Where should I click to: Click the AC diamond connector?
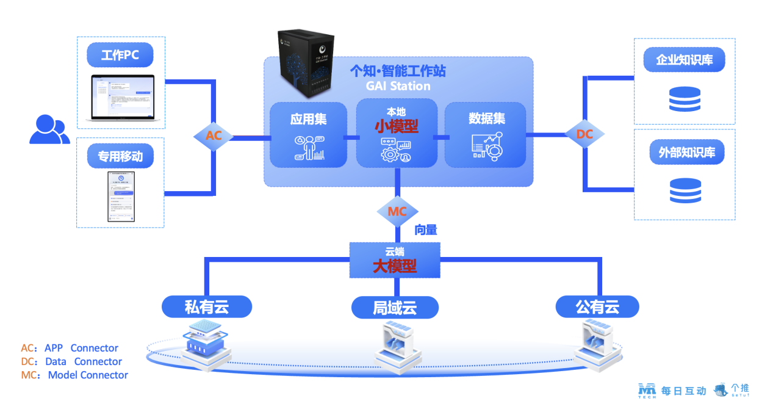coord(214,136)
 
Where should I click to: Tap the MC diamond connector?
coord(397,212)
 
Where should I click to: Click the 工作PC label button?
coord(120,56)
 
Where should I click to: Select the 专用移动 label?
coord(120,156)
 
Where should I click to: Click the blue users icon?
coord(48,129)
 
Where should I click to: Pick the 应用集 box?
coord(309,135)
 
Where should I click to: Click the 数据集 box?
coord(485,135)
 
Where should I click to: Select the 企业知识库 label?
coord(685,60)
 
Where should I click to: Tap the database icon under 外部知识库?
coord(685,190)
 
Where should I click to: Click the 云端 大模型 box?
coord(395,260)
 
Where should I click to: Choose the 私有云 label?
coord(207,307)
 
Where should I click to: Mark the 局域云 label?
coord(395,308)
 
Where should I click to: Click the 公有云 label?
coord(597,306)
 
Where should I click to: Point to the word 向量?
coord(426,230)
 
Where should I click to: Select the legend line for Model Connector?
coord(75,375)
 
